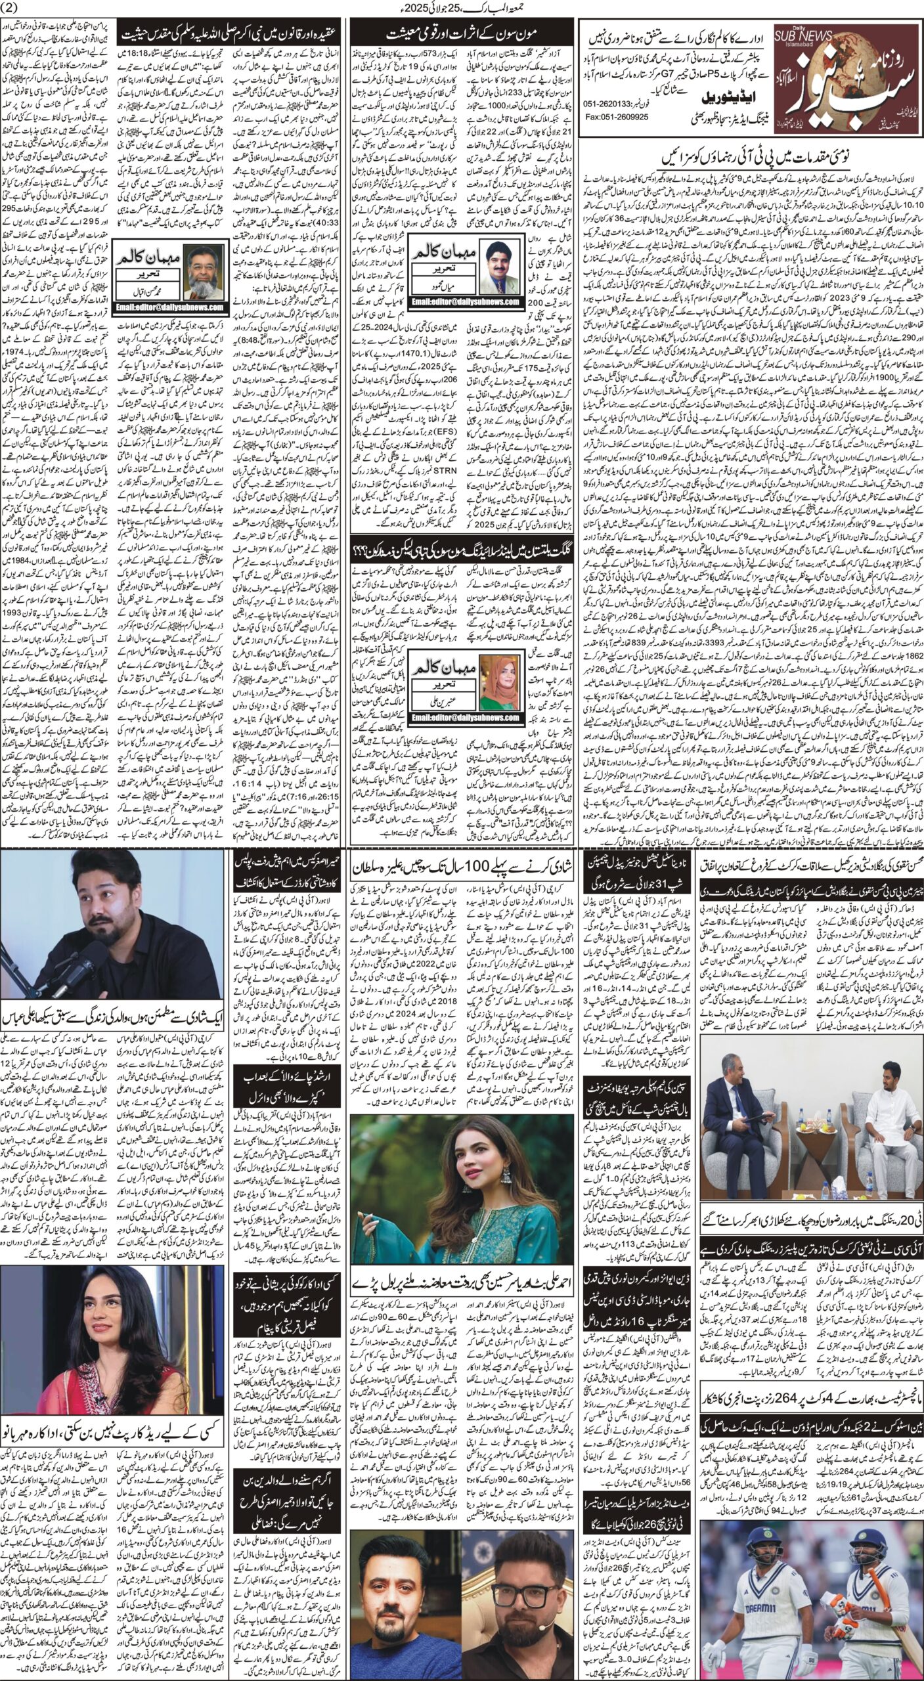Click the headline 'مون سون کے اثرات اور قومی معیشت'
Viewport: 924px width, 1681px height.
point(461,31)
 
